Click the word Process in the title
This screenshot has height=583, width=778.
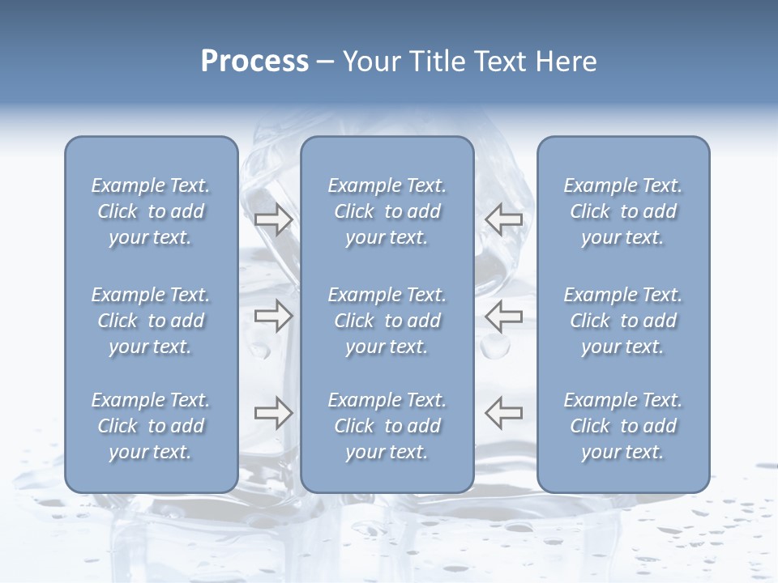(x=254, y=62)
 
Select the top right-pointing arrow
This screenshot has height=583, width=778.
(x=274, y=219)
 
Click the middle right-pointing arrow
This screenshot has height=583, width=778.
(x=274, y=315)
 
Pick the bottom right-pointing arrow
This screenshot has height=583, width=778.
(x=274, y=413)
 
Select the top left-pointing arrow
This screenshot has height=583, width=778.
(x=504, y=219)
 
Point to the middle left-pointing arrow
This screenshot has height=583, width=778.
(x=504, y=315)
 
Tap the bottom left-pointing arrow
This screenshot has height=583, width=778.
(x=504, y=413)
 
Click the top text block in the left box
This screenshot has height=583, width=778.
(x=151, y=211)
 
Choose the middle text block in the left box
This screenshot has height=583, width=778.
(x=151, y=321)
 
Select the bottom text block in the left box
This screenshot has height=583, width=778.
(x=151, y=426)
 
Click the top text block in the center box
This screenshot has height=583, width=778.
(x=387, y=211)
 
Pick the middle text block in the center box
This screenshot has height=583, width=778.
(x=387, y=321)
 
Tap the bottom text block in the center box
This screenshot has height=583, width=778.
(x=387, y=426)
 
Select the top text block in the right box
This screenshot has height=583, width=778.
(x=623, y=211)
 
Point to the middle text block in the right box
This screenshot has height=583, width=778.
(x=623, y=321)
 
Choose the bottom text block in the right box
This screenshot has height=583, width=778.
(x=623, y=426)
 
